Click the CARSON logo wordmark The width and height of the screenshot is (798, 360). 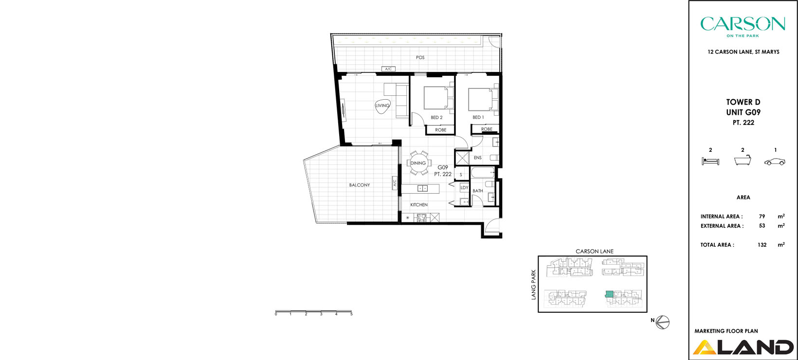[x=743, y=24]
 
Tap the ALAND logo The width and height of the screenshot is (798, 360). [x=743, y=347]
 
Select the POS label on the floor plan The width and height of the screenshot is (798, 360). [x=420, y=57]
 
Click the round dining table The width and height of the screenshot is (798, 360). [x=418, y=163]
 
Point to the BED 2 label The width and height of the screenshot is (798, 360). [x=436, y=118]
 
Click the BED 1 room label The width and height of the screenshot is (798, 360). [x=478, y=117]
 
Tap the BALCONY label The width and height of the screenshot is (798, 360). [x=360, y=185]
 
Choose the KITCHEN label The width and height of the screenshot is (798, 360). [x=419, y=205]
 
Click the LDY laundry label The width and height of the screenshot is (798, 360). [x=465, y=188]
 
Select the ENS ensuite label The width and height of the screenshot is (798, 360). [x=478, y=158]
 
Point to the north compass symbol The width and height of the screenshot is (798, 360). [x=663, y=322]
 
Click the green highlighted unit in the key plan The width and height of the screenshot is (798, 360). [x=609, y=294]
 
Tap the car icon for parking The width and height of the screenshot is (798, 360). [x=775, y=162]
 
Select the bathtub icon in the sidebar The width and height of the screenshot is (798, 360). [x=743, y=161]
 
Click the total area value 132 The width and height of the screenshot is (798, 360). [x=762, y=245]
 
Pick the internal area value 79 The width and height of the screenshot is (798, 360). [x=762, y=216]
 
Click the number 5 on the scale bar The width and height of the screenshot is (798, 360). [x=351, y=314]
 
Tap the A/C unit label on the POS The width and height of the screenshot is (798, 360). [x=388, y=69]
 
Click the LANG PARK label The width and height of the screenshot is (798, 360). [x=534, y=285]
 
